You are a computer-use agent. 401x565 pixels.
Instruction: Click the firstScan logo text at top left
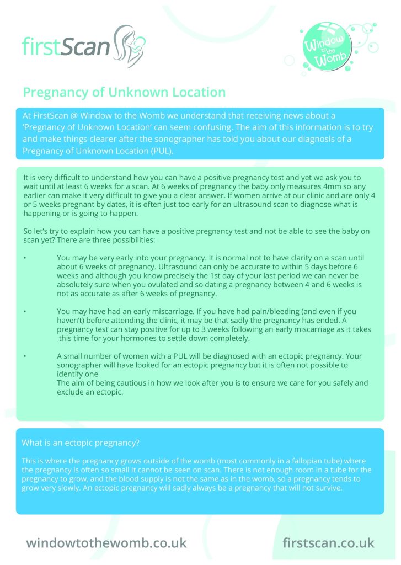point(66,47)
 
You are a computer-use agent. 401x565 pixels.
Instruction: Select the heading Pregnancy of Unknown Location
point(124,92)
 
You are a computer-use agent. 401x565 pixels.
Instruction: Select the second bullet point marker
point(24,312)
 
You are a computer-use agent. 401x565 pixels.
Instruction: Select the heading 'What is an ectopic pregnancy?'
point(81,443)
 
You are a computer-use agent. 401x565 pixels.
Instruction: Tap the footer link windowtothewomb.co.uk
point(106,542)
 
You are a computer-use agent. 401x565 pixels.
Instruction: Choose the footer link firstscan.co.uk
point(328,542)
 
